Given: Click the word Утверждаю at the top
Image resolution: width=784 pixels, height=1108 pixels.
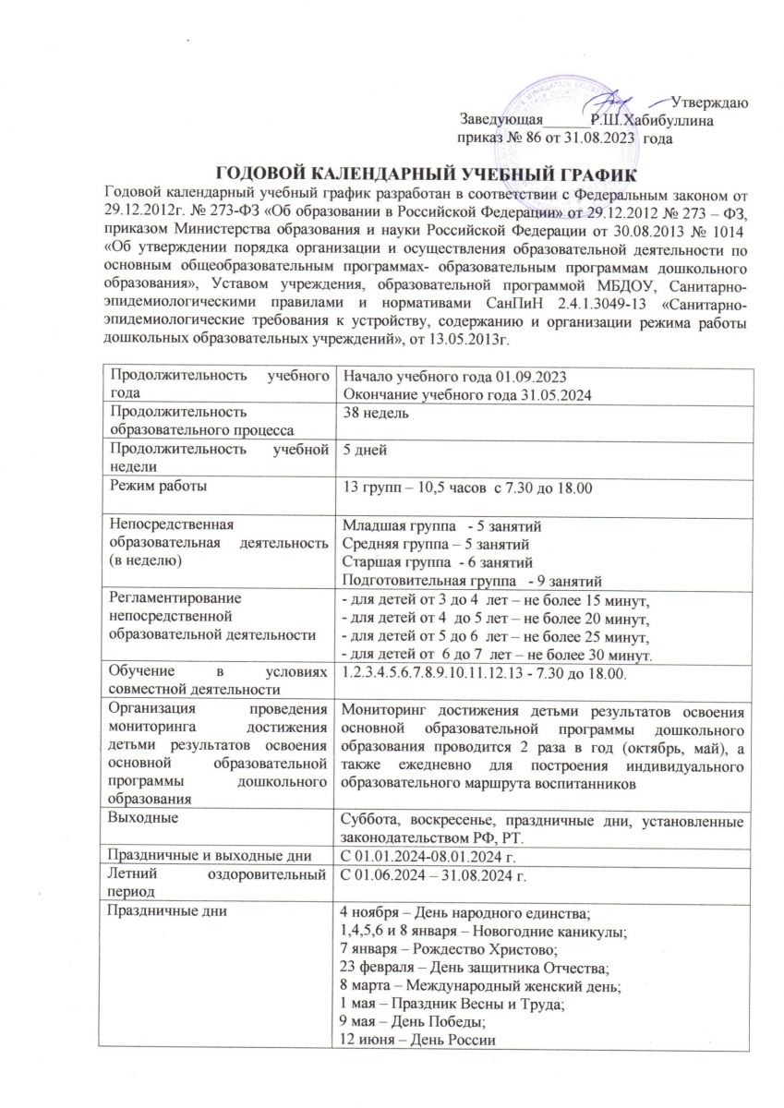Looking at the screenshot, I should (x=709, y=102).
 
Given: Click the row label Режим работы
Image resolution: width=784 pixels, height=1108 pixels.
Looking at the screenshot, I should (x=158, y=485).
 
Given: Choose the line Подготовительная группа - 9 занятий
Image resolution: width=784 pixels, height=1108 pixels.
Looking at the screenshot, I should (x=472, y=581).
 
